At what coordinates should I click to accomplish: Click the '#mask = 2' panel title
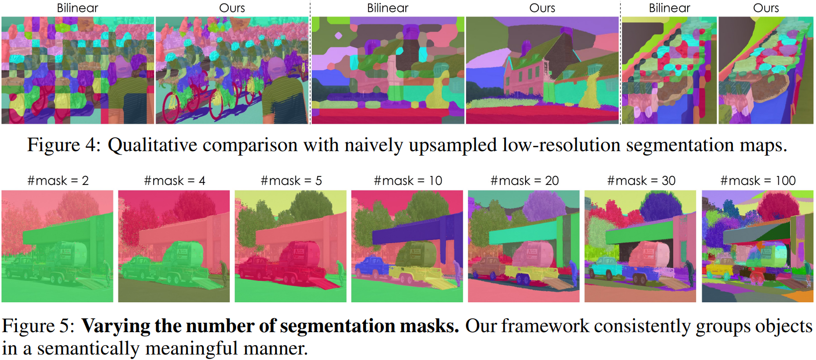tap(58, 180)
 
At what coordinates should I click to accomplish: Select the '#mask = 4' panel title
tap(174, 180)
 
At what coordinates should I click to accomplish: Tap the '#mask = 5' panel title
tap(291, 180)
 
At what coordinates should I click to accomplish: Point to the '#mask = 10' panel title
tap(408, 180)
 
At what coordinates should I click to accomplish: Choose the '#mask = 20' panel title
tap(524, 180)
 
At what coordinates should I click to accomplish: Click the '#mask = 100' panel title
tap(758, 180)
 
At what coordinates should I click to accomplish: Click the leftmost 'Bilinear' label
tap(78, 8)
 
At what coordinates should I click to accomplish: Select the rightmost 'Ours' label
tap(766, 8)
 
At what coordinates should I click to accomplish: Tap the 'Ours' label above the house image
tap(542, 8)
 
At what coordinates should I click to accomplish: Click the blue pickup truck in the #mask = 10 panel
tap(370, 266)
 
